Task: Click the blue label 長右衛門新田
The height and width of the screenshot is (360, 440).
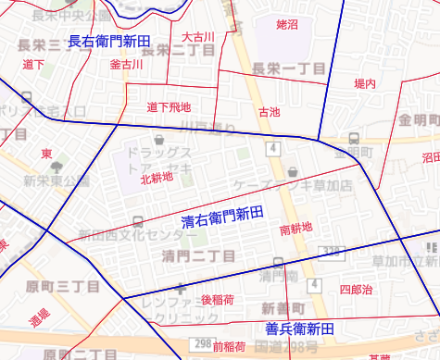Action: [109, 41]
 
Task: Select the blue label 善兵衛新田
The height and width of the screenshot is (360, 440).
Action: [299, 329]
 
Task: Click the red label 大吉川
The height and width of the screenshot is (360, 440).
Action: [198, 36]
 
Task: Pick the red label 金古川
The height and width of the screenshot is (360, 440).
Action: [126, 65]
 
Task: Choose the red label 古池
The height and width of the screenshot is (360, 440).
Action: [269, 112]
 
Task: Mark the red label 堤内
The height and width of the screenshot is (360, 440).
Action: [366, 84]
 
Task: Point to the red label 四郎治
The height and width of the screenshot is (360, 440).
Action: [356, 290]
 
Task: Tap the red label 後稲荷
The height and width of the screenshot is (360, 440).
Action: [218, 300]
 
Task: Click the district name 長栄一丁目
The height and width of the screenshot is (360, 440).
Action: [289, 68]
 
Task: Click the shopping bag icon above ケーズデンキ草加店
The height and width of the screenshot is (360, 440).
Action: [294, 171]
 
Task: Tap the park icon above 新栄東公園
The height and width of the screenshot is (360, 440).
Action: [57, 168]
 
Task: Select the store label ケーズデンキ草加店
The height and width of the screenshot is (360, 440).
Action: [295, 185]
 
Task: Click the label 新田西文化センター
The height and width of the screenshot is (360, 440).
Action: [137, 234]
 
